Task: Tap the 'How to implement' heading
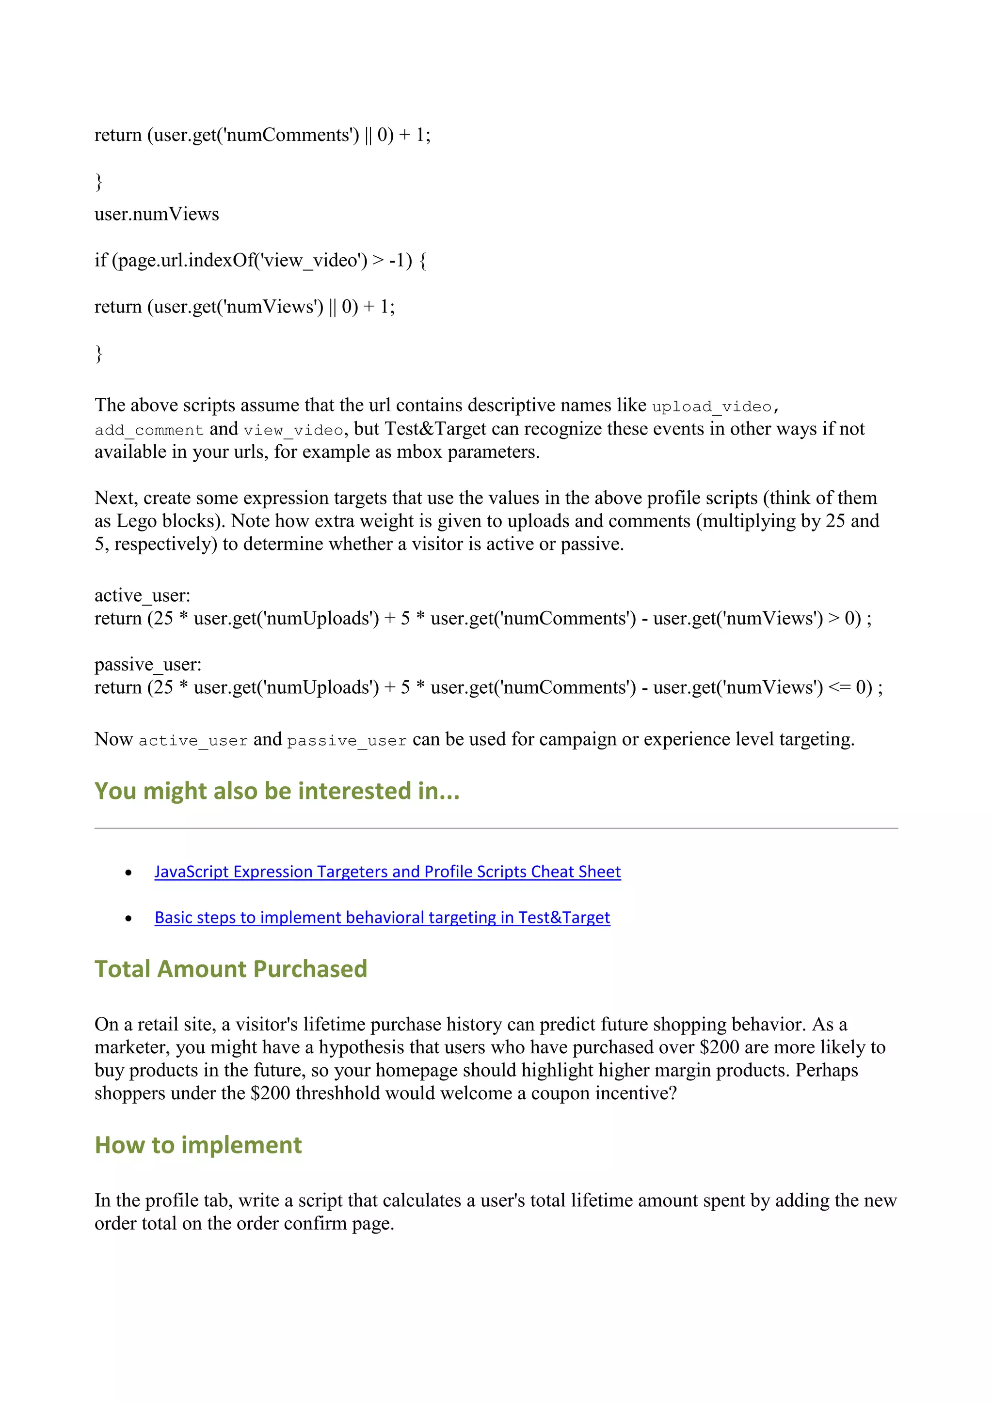click(198, 1145)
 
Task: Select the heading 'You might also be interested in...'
click(276, 791)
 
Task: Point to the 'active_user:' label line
click(142, 595)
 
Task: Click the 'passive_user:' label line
click(147, 664)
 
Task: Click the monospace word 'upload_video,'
click(715, 406)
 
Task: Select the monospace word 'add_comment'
click(148, 430)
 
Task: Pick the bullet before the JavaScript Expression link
click(128, 873)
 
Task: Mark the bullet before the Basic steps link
click(128, 919)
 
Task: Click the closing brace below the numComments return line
click(98, 182)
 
